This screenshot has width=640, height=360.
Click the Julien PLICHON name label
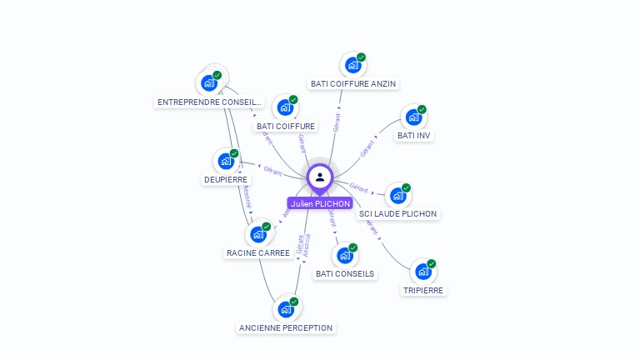click(x=320, y=203)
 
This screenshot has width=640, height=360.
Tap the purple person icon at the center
click(x=320, y=177)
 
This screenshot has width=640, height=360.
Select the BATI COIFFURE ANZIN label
click(x=353, y=83)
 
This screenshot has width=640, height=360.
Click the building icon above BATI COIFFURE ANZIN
click(x=352, y=65)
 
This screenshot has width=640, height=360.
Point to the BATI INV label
click(x=415, y=135)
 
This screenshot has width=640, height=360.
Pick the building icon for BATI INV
click(x=413, y=117)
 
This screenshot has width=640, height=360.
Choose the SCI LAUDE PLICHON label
click(x=397, y=214)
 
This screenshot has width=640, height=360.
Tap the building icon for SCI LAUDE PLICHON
click(x=397, y=196)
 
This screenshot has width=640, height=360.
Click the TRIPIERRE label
click(x=422, y=290)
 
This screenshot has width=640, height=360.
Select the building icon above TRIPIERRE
click(x=423, y=272)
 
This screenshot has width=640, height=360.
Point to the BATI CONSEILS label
click(x=345, y=273)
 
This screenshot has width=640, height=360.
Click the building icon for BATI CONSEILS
click(x=344, y=255)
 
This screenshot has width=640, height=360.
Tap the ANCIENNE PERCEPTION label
click(x=286, y=328)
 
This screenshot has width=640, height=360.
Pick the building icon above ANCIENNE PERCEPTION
click(x=286, y=309)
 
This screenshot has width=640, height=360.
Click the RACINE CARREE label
click(x=258, y=252)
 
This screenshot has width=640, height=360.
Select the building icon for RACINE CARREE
click(x=258, y=234)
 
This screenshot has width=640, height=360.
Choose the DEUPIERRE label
click(x=225, y=179)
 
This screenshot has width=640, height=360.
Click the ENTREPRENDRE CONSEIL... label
click(x=209, y=102)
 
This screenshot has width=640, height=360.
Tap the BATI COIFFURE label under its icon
click(x=286, y=126)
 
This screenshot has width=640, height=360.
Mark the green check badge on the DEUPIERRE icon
click(x=234, y=153)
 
